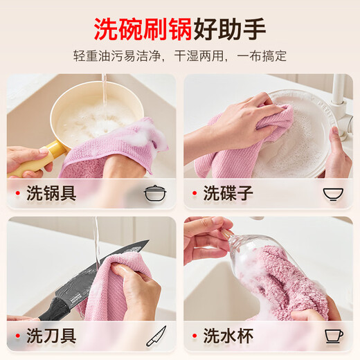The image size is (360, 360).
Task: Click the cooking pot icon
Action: (x=155, y=193)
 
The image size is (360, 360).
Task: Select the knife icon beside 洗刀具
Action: (x=156, y=336)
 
